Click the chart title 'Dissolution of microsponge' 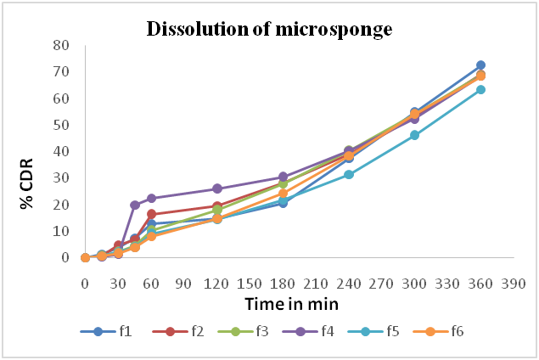coord(270,28)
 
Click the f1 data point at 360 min coord(480,65)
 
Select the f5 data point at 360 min coord(480,89)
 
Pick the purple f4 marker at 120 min coord(217,188)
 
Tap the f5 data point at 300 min coord(415,135)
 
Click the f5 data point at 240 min coord(349,174)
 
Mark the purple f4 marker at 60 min coord(151,199)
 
